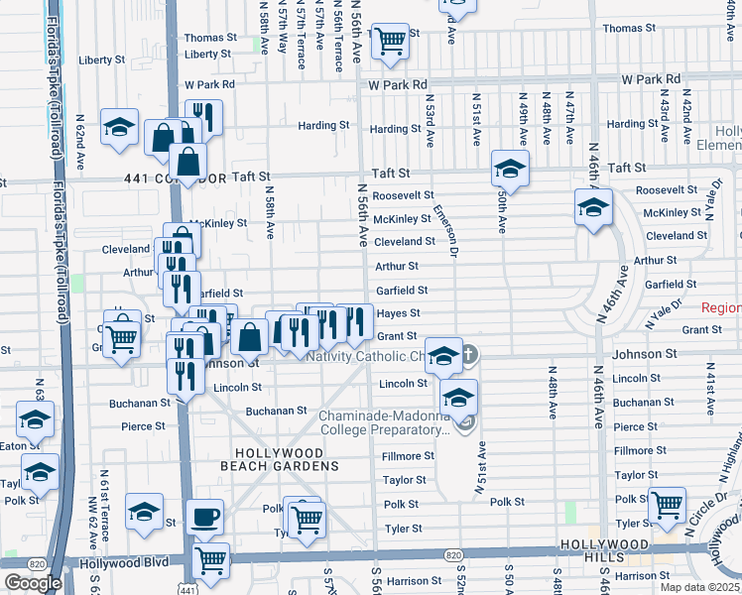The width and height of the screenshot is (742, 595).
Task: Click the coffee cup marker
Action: (x=205, y=517)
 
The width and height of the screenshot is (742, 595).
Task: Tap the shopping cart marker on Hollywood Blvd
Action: (x=211, y=561)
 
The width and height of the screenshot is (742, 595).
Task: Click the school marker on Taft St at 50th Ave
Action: (x=510, y=169)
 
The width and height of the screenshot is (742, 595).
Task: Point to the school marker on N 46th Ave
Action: (x=593, y=207)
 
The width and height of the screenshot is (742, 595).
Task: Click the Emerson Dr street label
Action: (x=444, y=231)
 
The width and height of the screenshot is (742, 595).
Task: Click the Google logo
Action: (x=33, y=583)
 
